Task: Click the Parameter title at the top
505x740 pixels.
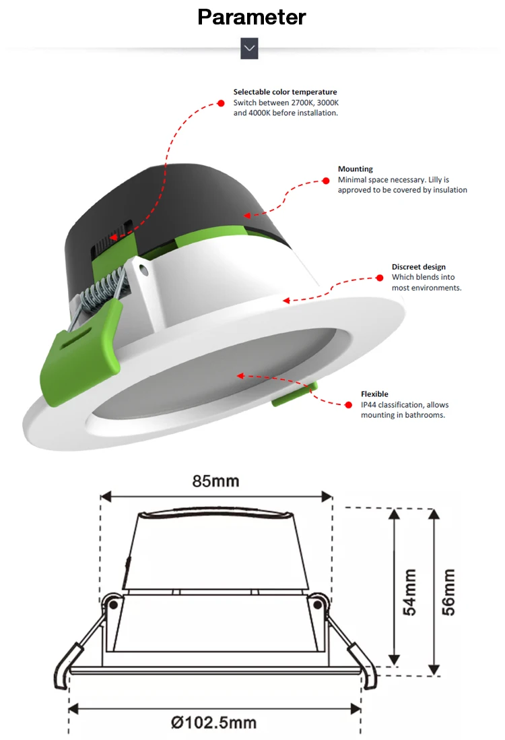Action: [252, 17]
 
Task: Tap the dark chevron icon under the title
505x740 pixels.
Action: [249, 48]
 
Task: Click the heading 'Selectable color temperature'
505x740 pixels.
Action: [285, 92]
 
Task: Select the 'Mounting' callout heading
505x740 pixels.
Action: [355, 169]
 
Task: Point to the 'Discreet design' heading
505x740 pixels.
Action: [418, 267]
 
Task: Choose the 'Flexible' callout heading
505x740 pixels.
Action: [374, 394]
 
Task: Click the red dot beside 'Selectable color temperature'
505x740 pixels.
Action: [220, 103]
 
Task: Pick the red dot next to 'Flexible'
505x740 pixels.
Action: [349, 405]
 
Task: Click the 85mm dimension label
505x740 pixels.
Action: [215, 481]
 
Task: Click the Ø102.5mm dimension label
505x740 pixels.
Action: [213, 722]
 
